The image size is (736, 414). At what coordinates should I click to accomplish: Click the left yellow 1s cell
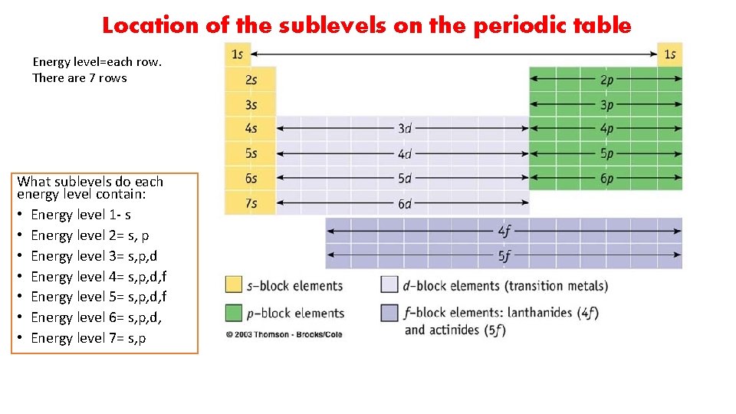[x=237, y=54]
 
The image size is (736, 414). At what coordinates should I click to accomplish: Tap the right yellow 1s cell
[x=670, y=54]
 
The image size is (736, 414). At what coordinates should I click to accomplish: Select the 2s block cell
[x=250, y=80]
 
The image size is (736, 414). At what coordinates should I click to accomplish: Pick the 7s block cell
[x=250, y=203]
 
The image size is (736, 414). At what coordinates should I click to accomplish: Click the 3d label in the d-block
[x=405, y=129]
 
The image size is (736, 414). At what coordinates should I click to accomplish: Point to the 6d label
[x=405, y=203]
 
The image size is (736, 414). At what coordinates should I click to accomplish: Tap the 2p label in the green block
[x=606, y=80]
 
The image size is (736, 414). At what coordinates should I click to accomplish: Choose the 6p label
[x=606, y=179]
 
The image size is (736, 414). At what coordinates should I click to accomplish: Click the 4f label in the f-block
[x=504, y=230]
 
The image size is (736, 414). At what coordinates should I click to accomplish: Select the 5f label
[x=504, y=255]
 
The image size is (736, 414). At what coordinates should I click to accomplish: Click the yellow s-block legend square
[x=234, y=285]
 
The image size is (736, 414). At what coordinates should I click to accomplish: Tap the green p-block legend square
[x=234, y=313]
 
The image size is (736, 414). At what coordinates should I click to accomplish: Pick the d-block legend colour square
[x=389, y=285]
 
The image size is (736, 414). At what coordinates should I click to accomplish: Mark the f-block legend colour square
[x=389, y=313]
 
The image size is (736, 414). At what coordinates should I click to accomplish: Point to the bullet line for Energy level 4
[x=99, y=277]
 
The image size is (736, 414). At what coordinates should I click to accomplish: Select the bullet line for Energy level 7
[x=90, y=338]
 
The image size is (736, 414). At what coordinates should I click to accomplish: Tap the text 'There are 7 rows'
[x=80, y=78]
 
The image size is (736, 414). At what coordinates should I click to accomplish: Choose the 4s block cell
[x=250, y=129]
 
